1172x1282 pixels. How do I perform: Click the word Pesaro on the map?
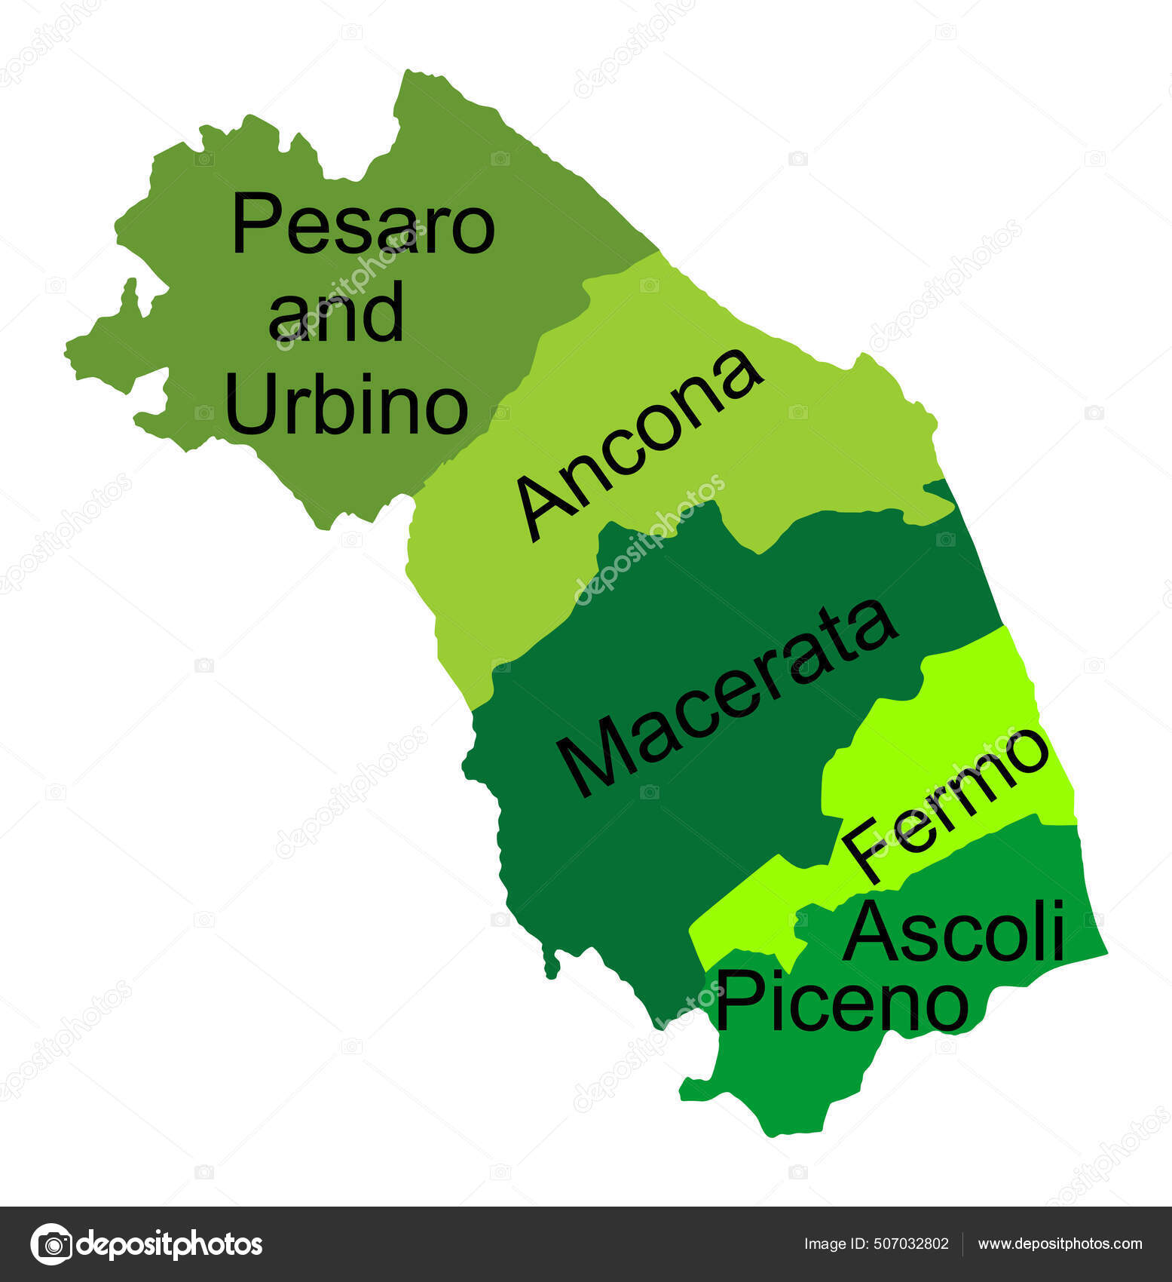tap(363, 224)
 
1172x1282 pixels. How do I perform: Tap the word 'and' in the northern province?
tap(336, 312)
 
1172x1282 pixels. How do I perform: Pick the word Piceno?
tap(841, 1001)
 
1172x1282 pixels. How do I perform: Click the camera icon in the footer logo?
tap(51, 1244)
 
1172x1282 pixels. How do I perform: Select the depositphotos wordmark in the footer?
tap(170, 1244)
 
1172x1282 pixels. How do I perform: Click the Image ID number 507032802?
tap(912, 1244)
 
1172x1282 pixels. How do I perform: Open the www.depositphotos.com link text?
tap(1060, 1244)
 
